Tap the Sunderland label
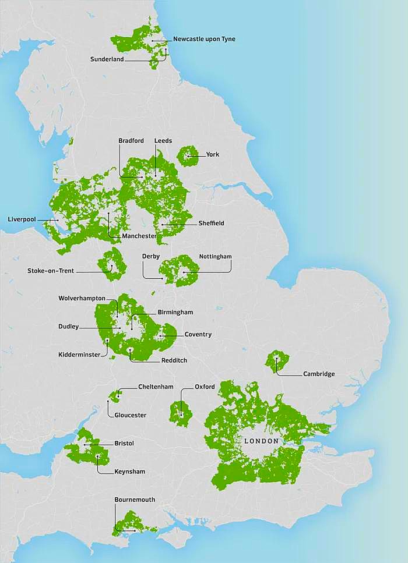click(x=107, y=59)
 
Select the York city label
click(x=212, y=155)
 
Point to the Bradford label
click(x=131, y=141)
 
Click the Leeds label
click(x=163, y=141)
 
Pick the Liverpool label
click(x=22, y=219)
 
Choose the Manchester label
click(x=139, y=236)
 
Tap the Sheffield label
click(x=211, y=223)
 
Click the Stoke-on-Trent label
click(x=51, y=271)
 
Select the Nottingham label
click(x=215, y=256)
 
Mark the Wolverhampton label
click(x=82, y=298)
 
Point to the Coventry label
click(x=198, y=334)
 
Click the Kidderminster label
click(x=79, y=355)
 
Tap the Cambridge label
click(x=319, y=374)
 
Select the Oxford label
click(x=205, y=387)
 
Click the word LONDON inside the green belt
click(x=261, y=441)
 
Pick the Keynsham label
click(x=130, y=472)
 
